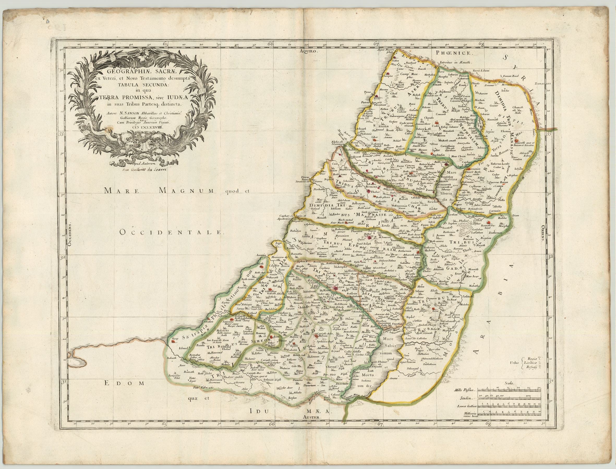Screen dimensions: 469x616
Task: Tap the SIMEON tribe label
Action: coord(259,341)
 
